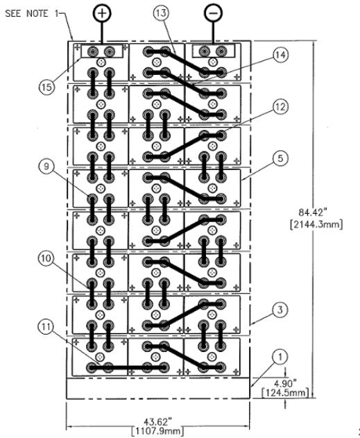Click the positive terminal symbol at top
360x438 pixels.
pos(102,13)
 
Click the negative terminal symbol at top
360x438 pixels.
pos(214,13)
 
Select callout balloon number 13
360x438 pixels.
pos(161,13)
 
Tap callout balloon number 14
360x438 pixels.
pos(280,55)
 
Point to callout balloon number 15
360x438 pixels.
pos(46,87)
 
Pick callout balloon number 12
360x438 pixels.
pos(280,106)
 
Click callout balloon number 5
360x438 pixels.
pos(280,158)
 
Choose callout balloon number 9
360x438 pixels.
pos(46,167)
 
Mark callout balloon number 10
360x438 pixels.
pos(46,258)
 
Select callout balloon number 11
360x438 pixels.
pos(46,326)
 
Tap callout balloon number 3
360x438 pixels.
pos(280,310)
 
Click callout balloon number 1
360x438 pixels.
pos(280,357)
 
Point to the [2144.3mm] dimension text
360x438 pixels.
pos(316,224)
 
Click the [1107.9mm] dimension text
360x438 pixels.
pos(157,431)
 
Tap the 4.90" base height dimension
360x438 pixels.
pos(285,382)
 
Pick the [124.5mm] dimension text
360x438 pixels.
pos(286,393)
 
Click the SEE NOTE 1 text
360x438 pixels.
pos(31,13)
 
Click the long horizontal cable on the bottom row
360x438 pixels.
pos(128,368)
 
